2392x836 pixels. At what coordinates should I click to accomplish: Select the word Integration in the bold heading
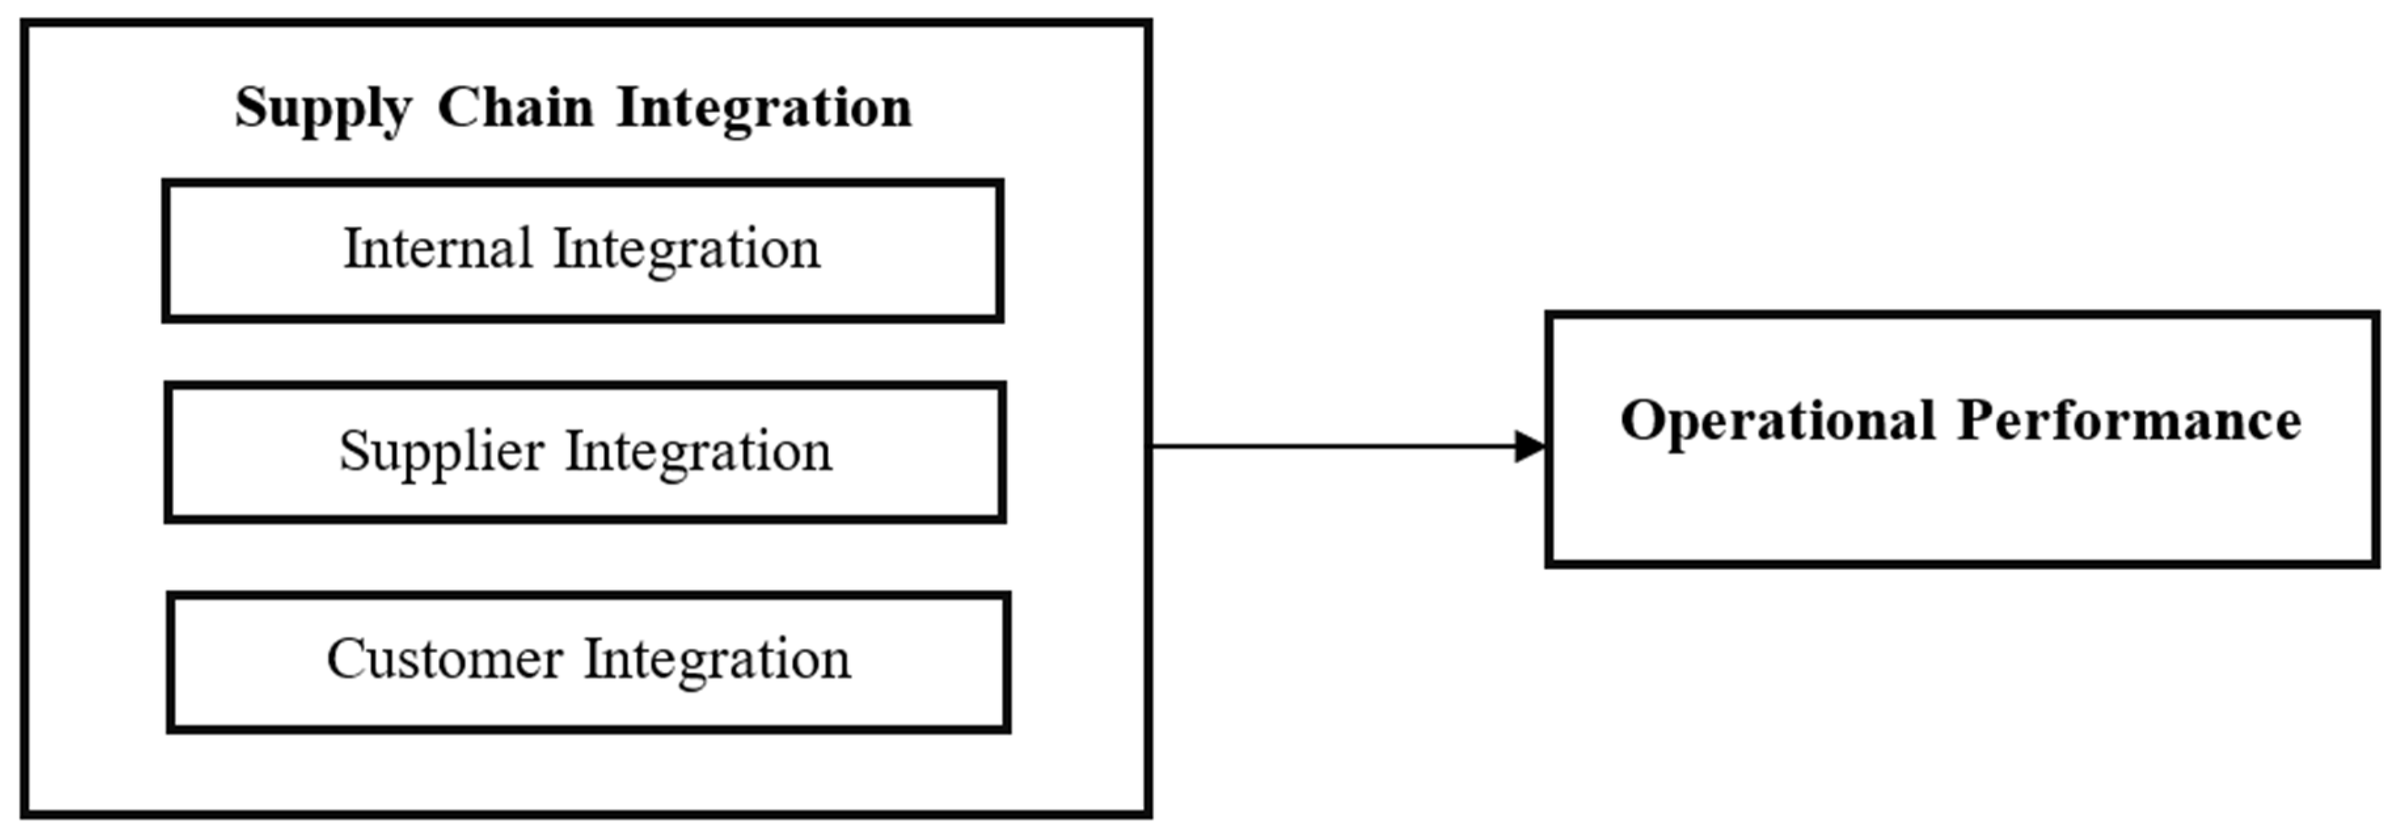764,109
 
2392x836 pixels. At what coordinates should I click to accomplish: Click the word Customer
444,660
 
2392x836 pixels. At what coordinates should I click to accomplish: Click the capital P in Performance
1976,420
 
